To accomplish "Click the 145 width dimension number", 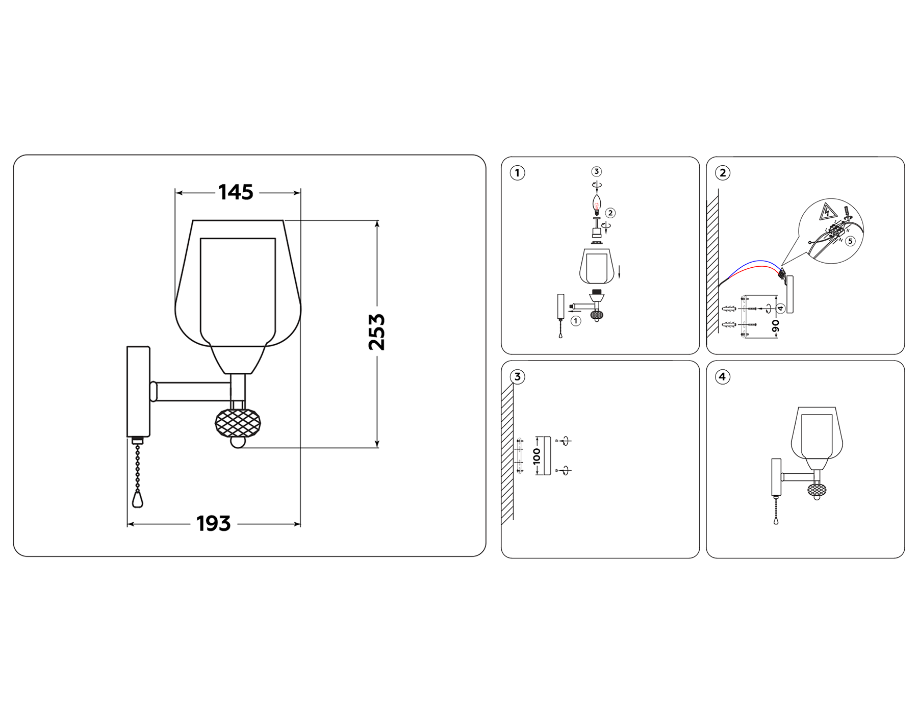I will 236,192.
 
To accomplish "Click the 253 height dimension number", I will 376,332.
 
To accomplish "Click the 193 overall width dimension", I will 213,524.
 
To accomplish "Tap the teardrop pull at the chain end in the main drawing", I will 137,499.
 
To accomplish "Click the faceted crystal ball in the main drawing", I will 238,423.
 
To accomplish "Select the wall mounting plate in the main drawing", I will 138,391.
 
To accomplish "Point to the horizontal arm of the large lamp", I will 191,392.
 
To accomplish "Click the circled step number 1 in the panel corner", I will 517,173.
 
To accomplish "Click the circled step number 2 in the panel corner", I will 722,173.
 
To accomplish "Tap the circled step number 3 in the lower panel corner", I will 517,377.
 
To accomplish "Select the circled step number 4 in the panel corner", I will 722,377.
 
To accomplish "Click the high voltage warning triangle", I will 827,212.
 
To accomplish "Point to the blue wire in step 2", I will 755,263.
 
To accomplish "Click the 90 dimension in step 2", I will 775,326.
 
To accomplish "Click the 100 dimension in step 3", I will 537,455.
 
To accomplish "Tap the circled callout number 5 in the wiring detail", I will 850,241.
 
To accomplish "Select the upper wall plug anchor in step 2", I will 730,309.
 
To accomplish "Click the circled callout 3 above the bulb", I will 596,171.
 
